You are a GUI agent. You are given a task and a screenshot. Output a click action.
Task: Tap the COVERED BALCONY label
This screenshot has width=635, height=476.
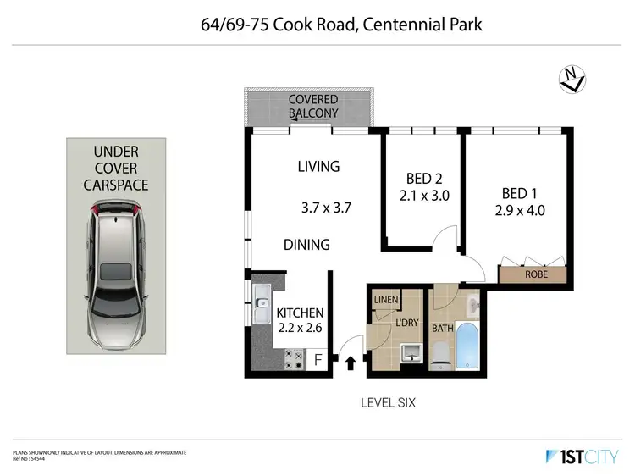(x=313, y=106)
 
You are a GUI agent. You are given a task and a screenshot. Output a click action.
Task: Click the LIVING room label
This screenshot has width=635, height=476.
(x=318, y=166)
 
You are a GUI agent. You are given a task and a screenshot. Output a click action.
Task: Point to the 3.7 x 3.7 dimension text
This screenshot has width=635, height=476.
(x=325, y=206)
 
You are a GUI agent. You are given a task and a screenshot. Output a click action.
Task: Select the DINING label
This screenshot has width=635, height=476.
(x=306, y=245)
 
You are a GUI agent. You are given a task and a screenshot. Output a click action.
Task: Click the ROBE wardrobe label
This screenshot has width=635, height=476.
(x=534, y=274)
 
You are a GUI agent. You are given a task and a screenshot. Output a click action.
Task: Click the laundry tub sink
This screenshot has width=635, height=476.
(x=411, y=351)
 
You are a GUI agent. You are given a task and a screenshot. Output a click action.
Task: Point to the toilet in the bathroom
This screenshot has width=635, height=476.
(x=440, y=353)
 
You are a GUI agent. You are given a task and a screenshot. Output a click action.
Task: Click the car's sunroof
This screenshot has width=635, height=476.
(x=113, y=271)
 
